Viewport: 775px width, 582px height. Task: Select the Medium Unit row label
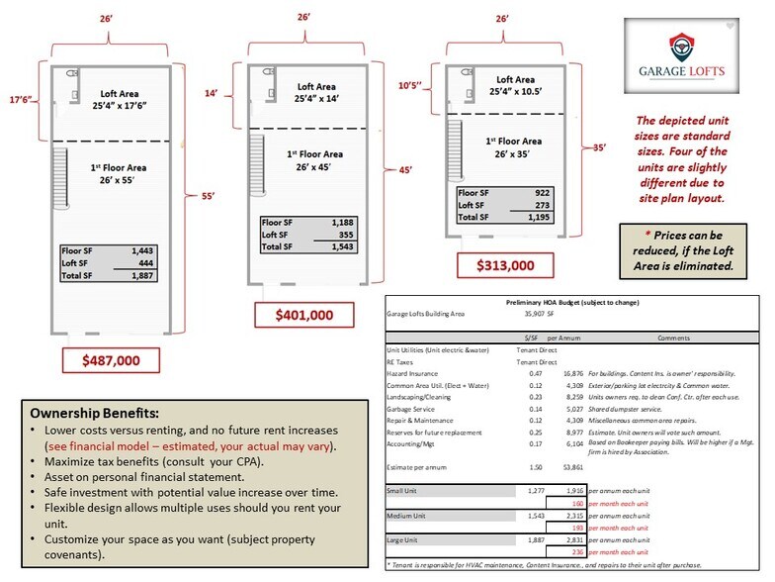tap(408, 515)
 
